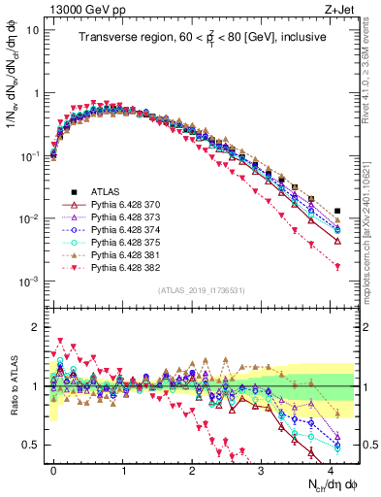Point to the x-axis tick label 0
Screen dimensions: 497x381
(x=53, y=469)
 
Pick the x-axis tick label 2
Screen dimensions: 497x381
(x=192, y=469)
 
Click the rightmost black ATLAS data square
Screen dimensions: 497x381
(x=337, y=211)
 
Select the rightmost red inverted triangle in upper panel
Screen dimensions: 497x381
(x=337, y=266)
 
